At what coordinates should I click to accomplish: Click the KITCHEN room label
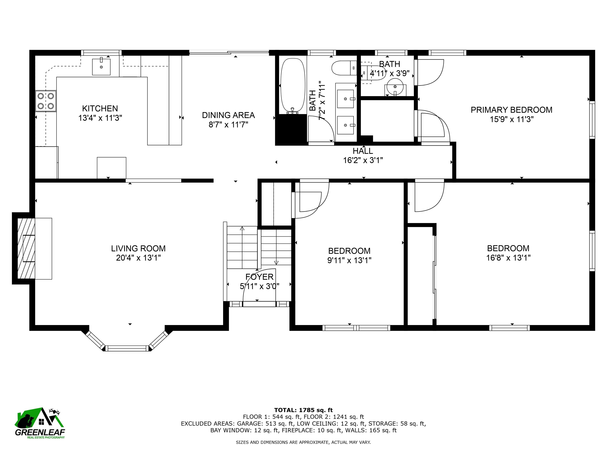(x=100, y=108)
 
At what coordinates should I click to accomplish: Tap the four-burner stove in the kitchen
(x=46, y=101)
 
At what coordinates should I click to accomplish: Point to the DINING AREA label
(x=228, y=115)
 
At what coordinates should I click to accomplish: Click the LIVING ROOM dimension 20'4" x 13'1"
(x=138, y=258)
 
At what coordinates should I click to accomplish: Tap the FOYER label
(x=259, y=277)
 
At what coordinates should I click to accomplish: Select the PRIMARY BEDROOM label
(x=512, y=110)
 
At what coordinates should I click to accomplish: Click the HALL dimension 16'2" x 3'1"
(x=363, y=160)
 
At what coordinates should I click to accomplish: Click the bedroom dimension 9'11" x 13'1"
(x=349, y=260)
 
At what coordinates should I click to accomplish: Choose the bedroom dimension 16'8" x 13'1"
(x=508, y=258)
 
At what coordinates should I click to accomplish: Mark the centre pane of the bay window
(x=127, y=349)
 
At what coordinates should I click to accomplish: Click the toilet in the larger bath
(x=344, y=68)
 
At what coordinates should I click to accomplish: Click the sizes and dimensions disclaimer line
(x=303, y=442)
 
